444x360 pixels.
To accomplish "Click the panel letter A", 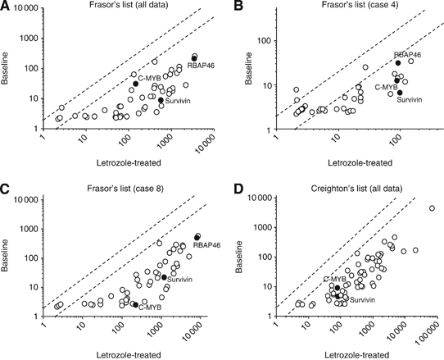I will tap(7, 8).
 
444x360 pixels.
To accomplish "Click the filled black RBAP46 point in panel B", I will tap(398, 62).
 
